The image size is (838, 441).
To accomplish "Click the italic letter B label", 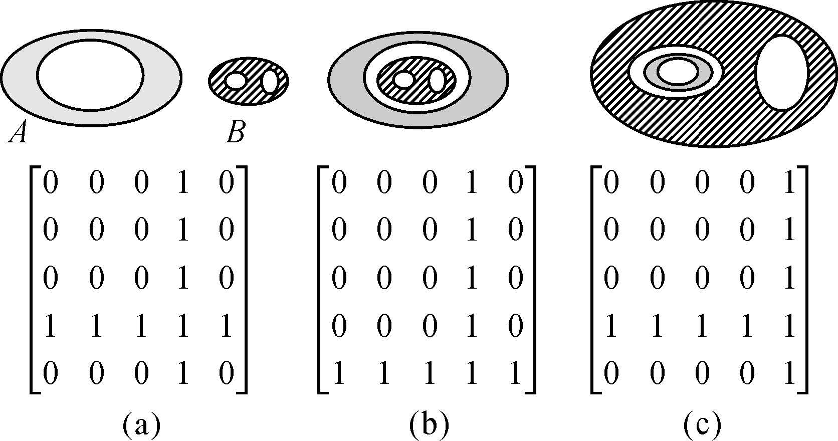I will pyautogui.click(x=235, y=133).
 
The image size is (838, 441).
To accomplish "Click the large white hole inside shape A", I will pyautogui.click(x=90, y=75).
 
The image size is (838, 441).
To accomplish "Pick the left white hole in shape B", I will pyautogui.click(x=236, y=81).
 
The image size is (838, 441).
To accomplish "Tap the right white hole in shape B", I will pyautogui.click(x=270, y=81).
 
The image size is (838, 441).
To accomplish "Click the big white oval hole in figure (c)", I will pyautogui.click(x=782, y=72).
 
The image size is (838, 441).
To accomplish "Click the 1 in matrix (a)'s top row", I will pyautogui.click(x=182, y=183).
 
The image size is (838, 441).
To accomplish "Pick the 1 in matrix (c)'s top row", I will pyautogui.click(x=789, y=183).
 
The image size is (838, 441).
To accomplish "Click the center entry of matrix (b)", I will pyautogui.click(x=429, y=279).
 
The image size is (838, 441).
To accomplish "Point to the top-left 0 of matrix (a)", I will pyautogui.click(x=50, y=183).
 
